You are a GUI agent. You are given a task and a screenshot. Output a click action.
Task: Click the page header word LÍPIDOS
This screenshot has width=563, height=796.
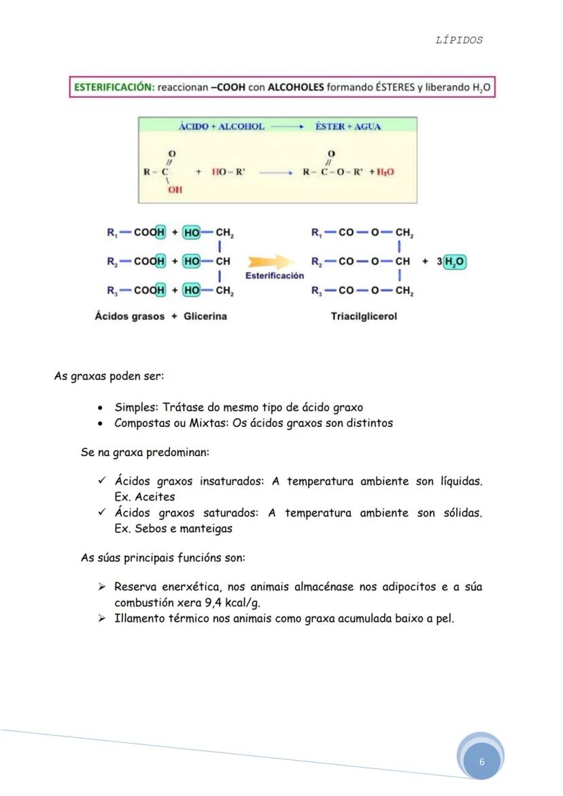point(459,40)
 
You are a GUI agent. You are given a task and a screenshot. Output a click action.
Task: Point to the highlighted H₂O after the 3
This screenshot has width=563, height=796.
point(455,262)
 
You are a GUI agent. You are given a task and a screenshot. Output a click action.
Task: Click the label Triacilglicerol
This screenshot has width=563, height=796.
point(364,316)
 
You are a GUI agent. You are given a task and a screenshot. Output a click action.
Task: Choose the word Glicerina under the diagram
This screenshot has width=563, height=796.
point(205,316)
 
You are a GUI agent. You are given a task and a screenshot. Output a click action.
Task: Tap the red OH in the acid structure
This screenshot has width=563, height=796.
point(175,190)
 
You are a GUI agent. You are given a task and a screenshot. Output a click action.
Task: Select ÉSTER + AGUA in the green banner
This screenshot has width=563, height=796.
point(348,126)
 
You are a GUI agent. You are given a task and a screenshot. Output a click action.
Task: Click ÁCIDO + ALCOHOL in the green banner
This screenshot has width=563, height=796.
point(221,126)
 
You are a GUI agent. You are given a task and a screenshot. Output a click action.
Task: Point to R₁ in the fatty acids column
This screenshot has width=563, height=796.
point(112,232)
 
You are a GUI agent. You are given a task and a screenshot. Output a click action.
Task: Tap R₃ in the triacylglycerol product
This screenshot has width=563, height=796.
point(317,292)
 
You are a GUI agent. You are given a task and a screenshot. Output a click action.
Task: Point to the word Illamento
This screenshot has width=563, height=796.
point(139,619)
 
